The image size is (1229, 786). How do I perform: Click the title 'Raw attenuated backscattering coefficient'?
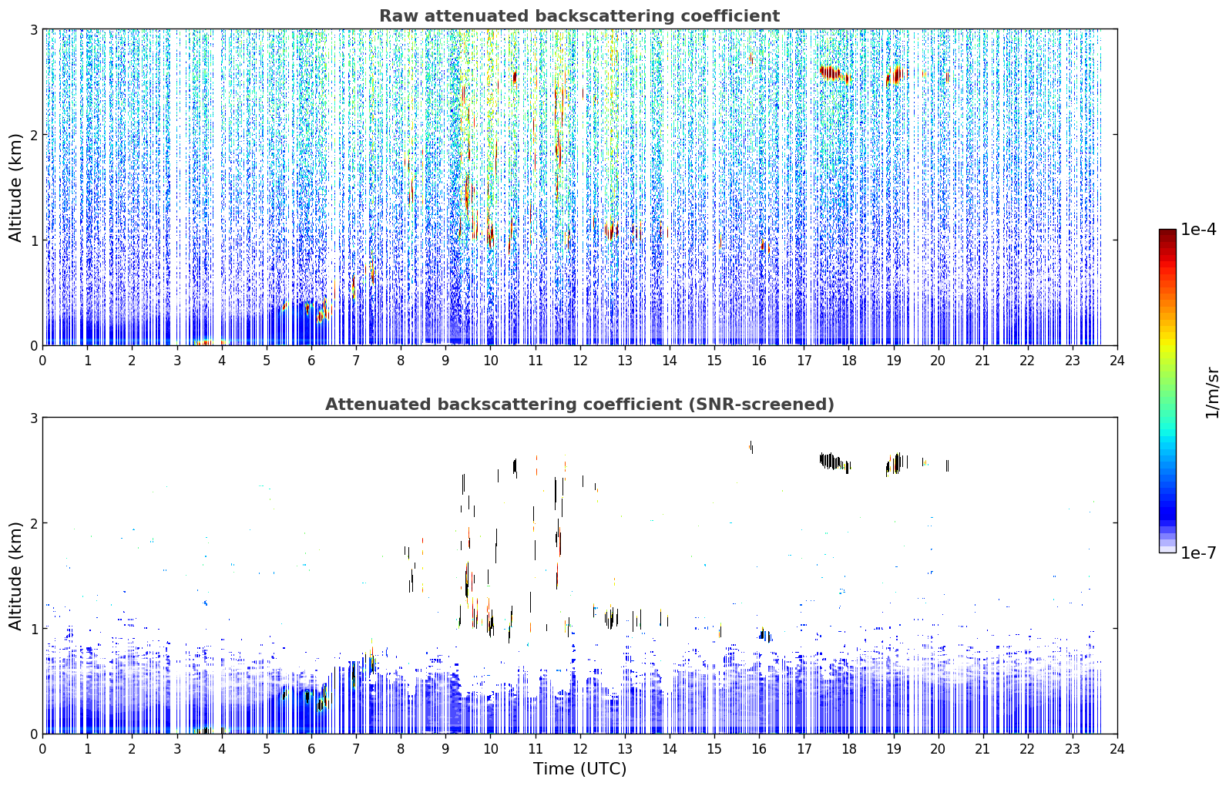(x=579, y=16)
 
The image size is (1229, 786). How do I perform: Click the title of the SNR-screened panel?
(x=579, y=405)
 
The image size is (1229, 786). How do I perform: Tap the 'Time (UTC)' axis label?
(x=579, y=768)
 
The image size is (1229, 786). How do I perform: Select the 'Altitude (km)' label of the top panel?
(x=15, y=188)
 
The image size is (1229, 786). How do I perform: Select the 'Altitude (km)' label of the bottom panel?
(x=15, y=576)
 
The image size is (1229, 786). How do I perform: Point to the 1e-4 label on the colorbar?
(x=1198, y=230)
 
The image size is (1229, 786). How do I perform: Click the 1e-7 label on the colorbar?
(x=1198, y=553)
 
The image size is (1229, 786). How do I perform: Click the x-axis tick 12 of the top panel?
(x=579, y=361)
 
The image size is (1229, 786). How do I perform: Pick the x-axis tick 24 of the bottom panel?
(x=1117, y=749)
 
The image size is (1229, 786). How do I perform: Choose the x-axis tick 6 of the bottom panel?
(x=311, y=749)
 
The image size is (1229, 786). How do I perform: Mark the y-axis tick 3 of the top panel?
(x=33, y=29)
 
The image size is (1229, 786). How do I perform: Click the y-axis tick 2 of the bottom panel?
(x=33, y=523)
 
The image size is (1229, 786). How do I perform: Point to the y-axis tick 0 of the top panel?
(x=33, y=346)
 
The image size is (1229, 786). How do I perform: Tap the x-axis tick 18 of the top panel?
(x=848, y=361)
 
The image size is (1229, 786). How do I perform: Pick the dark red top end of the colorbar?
(x=1167, y=232)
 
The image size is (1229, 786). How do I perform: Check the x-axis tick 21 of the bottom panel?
(x=982, y=749)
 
